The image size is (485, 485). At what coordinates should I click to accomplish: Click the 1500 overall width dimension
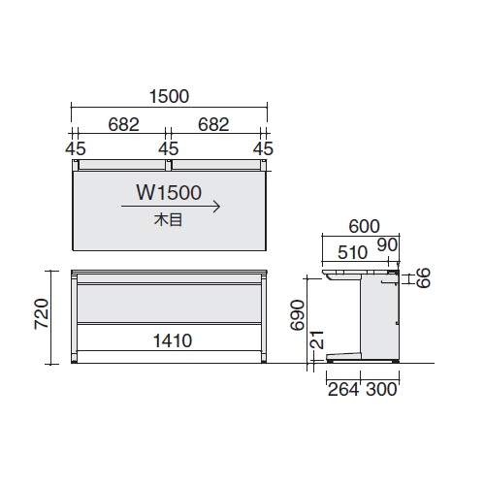coord(169,96)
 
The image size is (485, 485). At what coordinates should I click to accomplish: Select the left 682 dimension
coord(123,124)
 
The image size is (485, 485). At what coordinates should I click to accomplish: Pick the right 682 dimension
coord(213,124)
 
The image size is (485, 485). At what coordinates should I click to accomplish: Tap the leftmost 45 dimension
coord(76,148)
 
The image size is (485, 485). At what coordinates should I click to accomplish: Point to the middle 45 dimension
coord(169,148)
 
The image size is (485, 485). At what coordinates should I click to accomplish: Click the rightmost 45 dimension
coord(263,148)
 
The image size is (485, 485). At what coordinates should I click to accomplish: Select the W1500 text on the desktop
coord(169,192)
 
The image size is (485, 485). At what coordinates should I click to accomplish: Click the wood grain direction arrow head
coord(217,207)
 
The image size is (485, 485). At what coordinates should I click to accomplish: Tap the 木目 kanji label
coord(169,220)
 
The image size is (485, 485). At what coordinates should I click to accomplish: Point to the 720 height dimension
coord(42,313)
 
